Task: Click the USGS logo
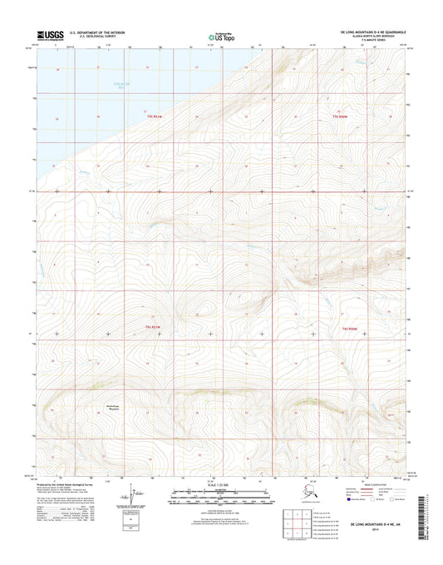tap(49, 35)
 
